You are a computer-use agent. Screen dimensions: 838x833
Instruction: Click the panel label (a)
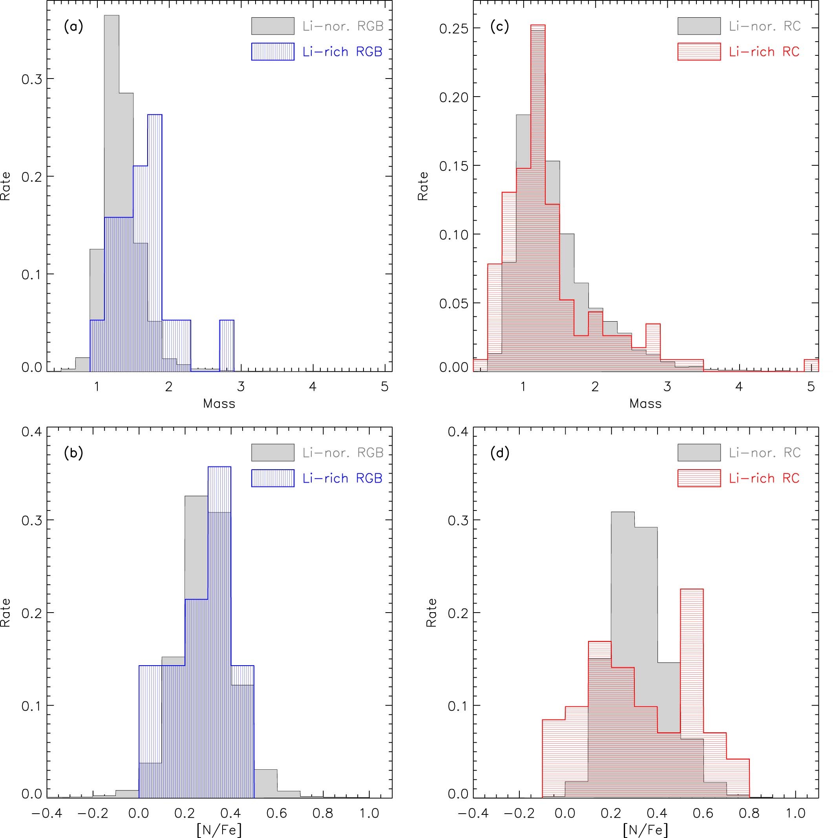[x=73, y=27]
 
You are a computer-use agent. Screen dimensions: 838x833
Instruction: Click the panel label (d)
[x=500, y=453]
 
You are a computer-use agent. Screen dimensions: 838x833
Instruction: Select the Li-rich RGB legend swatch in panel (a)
[x=272, y=51]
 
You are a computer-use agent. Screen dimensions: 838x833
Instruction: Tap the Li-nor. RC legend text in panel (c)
[x=764, y=26]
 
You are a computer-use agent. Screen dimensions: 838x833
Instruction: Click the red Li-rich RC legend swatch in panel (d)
[x=699, y=478]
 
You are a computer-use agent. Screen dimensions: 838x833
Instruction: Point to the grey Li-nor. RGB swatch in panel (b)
[x=272, y=452]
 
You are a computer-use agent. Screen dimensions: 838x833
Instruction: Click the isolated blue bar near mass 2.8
[x=227, y=345]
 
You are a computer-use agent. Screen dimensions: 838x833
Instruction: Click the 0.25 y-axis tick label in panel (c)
[x=451, y=28]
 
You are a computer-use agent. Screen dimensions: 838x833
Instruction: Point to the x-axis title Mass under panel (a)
[x=219, y=404]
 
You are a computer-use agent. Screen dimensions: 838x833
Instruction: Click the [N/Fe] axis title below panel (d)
[x=645, y=830]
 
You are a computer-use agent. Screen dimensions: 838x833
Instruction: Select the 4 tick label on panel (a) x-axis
[x=312, y=386]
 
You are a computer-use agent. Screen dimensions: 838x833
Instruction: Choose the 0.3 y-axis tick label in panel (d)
[x=458, y=520]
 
